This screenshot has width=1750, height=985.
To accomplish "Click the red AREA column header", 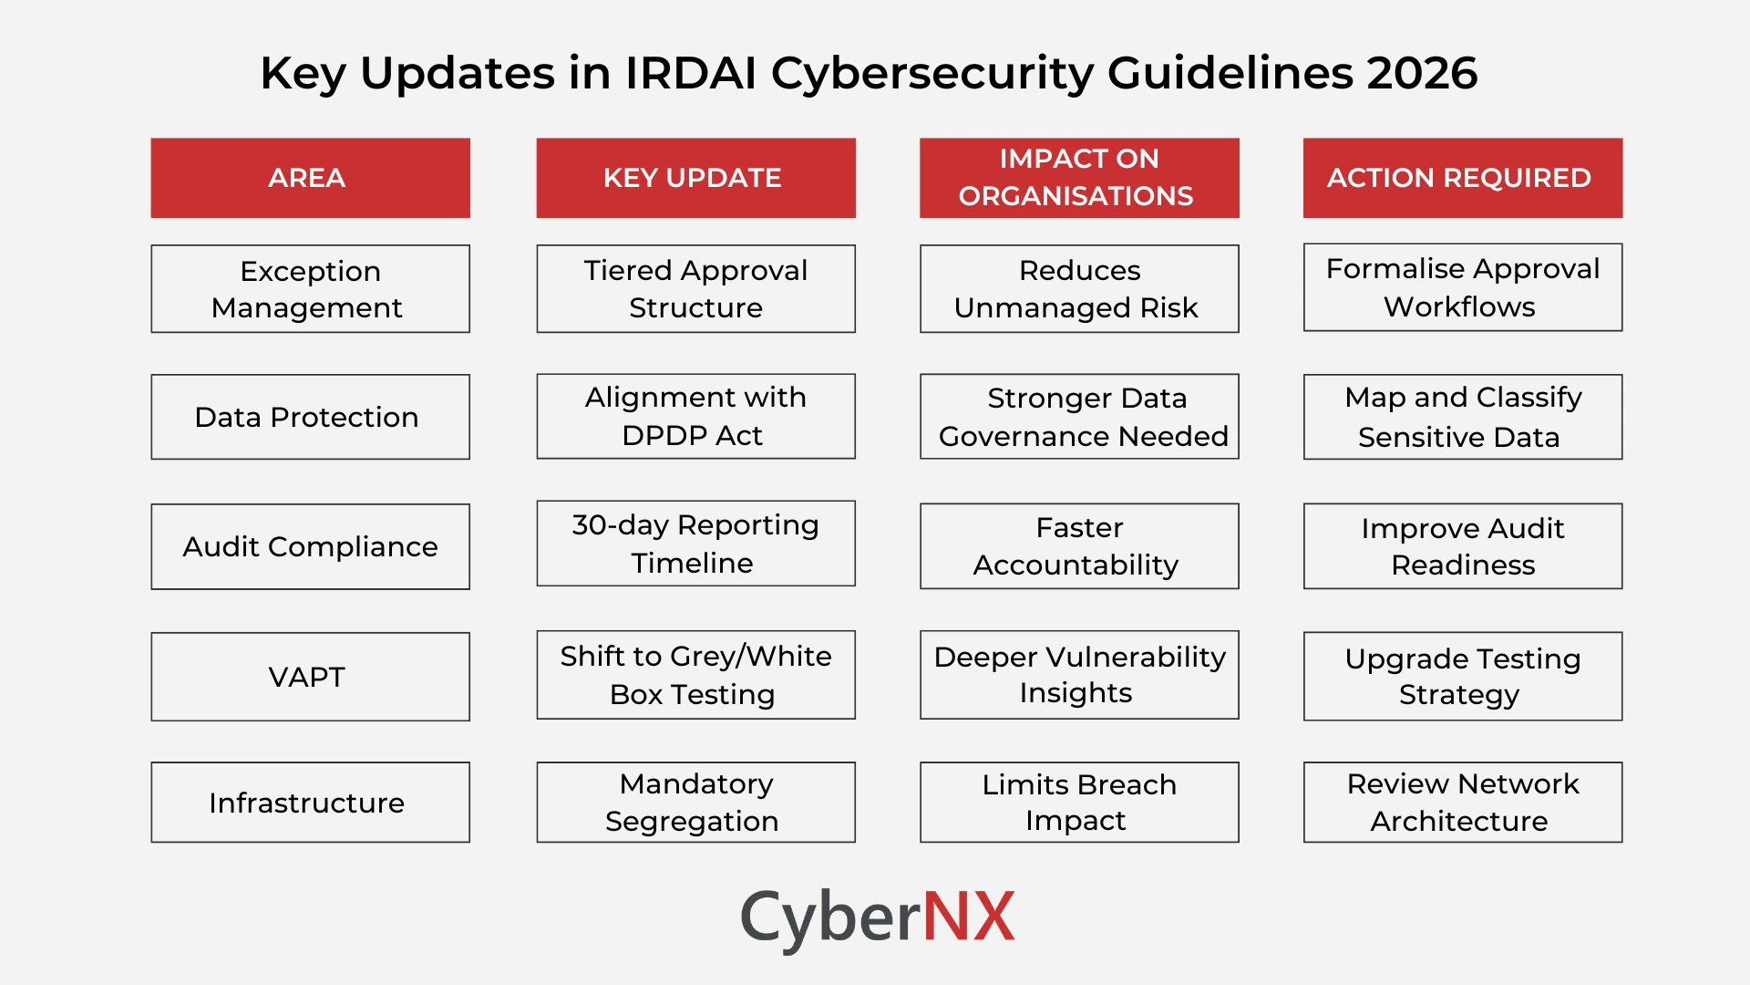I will pos(310,178).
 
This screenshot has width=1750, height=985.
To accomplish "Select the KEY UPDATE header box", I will pos(695,178).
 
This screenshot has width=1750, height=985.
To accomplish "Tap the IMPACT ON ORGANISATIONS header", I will pos(1079,178).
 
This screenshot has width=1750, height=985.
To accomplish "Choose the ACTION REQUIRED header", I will pos(1462,178).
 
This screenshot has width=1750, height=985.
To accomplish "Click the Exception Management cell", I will pos(310,288).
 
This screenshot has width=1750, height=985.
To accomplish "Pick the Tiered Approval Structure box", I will pos(695,288).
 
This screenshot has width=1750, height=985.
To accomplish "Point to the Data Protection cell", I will pos(310,417).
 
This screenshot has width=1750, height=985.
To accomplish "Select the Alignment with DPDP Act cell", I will pos(695,416).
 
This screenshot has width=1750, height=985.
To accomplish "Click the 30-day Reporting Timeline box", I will pos(695,544).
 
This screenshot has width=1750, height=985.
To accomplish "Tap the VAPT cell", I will pos(310,677).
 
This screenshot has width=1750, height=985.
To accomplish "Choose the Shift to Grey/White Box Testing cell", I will pos(695,675).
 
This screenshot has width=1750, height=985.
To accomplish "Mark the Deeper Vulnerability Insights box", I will pos(1079,675).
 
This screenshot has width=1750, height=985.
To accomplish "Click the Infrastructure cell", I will pos(310,803).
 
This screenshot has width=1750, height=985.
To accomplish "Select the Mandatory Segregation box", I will pos(695,803).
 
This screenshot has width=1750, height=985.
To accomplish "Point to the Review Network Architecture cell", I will pos(1462,803).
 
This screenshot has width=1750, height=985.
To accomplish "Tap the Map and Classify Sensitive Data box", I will pos(1462,417).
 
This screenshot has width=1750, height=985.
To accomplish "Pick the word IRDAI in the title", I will pos(690,73).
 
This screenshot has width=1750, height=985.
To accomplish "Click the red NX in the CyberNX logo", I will pos(969,917).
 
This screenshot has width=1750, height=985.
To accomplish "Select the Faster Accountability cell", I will pos(1079,546).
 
